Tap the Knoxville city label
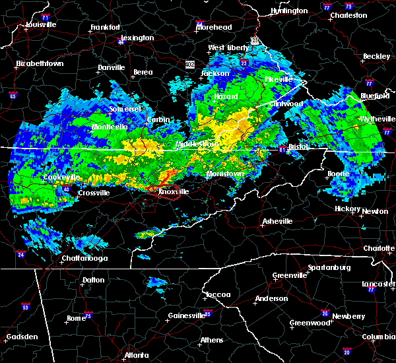click(x=173, y=191)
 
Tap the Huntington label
click(x=289, y=11)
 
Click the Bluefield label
click(x=376, y=96)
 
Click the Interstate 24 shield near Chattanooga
click(x=21, y=254)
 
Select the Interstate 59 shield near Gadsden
click(x=25, y=307)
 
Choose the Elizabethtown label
click(x=40, y=64)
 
